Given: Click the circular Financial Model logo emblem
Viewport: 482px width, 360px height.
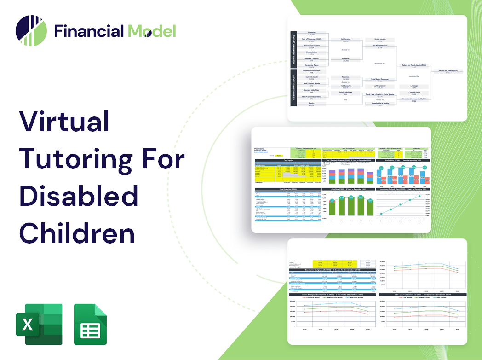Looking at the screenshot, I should point(31,31).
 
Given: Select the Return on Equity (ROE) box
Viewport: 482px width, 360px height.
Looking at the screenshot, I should point(448,71).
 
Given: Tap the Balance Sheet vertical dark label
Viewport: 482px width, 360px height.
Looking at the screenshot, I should point(293,89).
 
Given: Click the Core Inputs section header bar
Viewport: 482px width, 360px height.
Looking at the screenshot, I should point(288,160).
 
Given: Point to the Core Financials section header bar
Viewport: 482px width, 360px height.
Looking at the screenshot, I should point(288,189).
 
